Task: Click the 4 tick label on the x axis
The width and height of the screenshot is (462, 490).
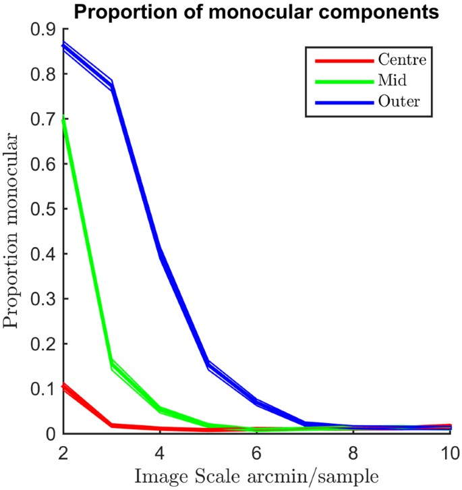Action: coord(160,451)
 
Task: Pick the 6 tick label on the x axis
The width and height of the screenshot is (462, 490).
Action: coord(256,451)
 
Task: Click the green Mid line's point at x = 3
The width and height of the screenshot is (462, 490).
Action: coord(111,365)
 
